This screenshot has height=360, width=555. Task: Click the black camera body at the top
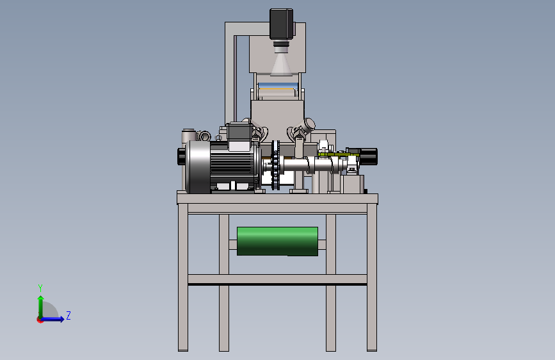(282, 24)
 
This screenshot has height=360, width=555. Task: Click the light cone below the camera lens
(282, 64)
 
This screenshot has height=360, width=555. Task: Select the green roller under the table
(278, 241)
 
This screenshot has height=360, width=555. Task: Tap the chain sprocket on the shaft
(276, 165)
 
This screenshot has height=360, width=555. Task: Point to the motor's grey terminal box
(240, 136)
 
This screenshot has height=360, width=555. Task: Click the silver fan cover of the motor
(198, 167)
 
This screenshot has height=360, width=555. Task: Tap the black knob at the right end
(369, 156)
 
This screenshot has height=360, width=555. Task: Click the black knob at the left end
(181, 156)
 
